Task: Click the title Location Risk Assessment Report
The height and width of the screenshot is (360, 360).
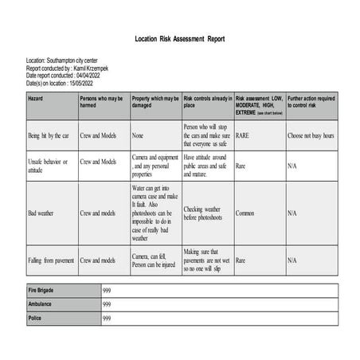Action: [x=180, y=38]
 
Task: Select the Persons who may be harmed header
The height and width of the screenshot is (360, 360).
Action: [x=102, y=101]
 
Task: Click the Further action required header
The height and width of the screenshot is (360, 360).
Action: [x=311, y=101]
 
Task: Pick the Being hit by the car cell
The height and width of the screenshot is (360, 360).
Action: [x=49, y=136]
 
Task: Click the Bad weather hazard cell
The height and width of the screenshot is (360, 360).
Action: [x=41, y=213]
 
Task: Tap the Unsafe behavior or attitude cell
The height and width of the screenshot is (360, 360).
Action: [x=48, y=165]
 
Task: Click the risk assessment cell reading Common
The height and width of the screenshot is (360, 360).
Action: [x=245, y=213]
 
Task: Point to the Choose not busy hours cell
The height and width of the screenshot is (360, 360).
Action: [x=311, y=136]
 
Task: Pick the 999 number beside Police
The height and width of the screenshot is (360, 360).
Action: [x=107, y=318]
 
